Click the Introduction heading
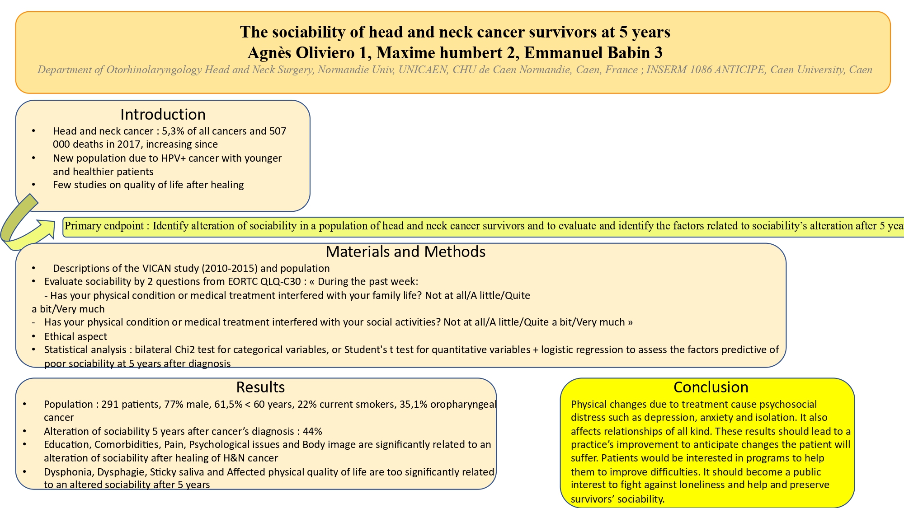click(163, 114)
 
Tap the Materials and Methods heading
click(405, 252)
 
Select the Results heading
click(260, 387)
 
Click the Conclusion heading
click(711, 387)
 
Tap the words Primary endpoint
click(104, 226)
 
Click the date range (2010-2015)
click(229, 268)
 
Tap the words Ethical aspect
click(75, 336)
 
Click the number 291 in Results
click(109, 404)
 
